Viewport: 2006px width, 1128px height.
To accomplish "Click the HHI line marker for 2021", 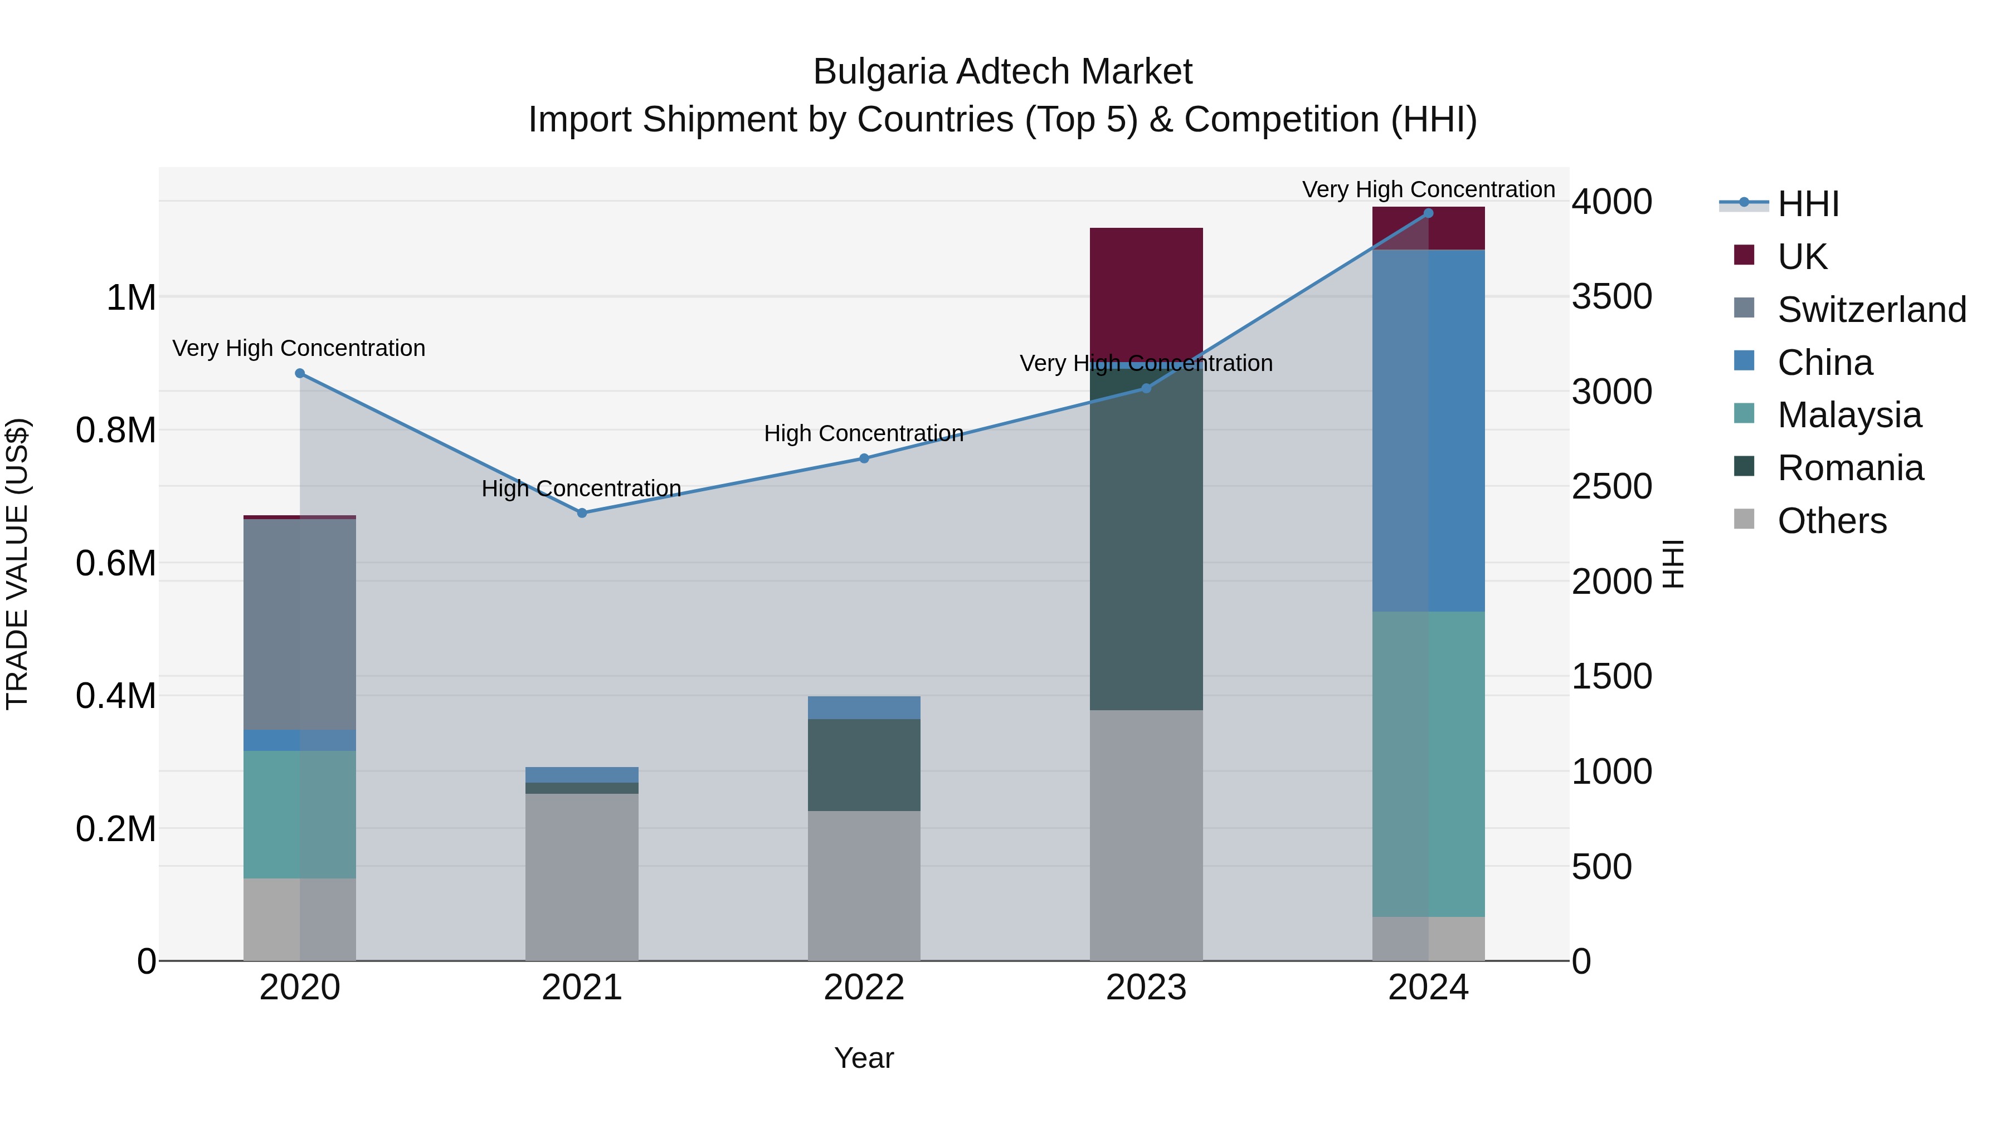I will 582,513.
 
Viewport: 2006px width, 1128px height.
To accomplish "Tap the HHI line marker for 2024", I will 1428,213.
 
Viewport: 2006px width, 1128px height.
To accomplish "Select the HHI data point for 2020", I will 300,374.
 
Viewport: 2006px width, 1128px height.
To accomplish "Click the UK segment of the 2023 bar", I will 1146,292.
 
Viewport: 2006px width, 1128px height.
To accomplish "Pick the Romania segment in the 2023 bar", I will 1146,537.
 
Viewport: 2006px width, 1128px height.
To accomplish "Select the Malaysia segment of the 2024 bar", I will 1428,763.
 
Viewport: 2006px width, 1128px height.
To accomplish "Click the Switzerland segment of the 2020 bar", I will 300,623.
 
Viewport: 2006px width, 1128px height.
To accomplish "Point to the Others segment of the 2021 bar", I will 582,877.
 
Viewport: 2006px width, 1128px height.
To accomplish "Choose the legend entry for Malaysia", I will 1849,415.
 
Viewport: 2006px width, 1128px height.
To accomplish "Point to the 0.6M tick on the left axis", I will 116,563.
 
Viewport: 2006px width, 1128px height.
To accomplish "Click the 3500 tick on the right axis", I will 1611,296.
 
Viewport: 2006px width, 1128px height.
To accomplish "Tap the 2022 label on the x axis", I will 864,988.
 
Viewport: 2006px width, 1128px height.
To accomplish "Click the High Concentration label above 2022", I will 864,433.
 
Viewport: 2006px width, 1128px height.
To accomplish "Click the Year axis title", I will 864,1058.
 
